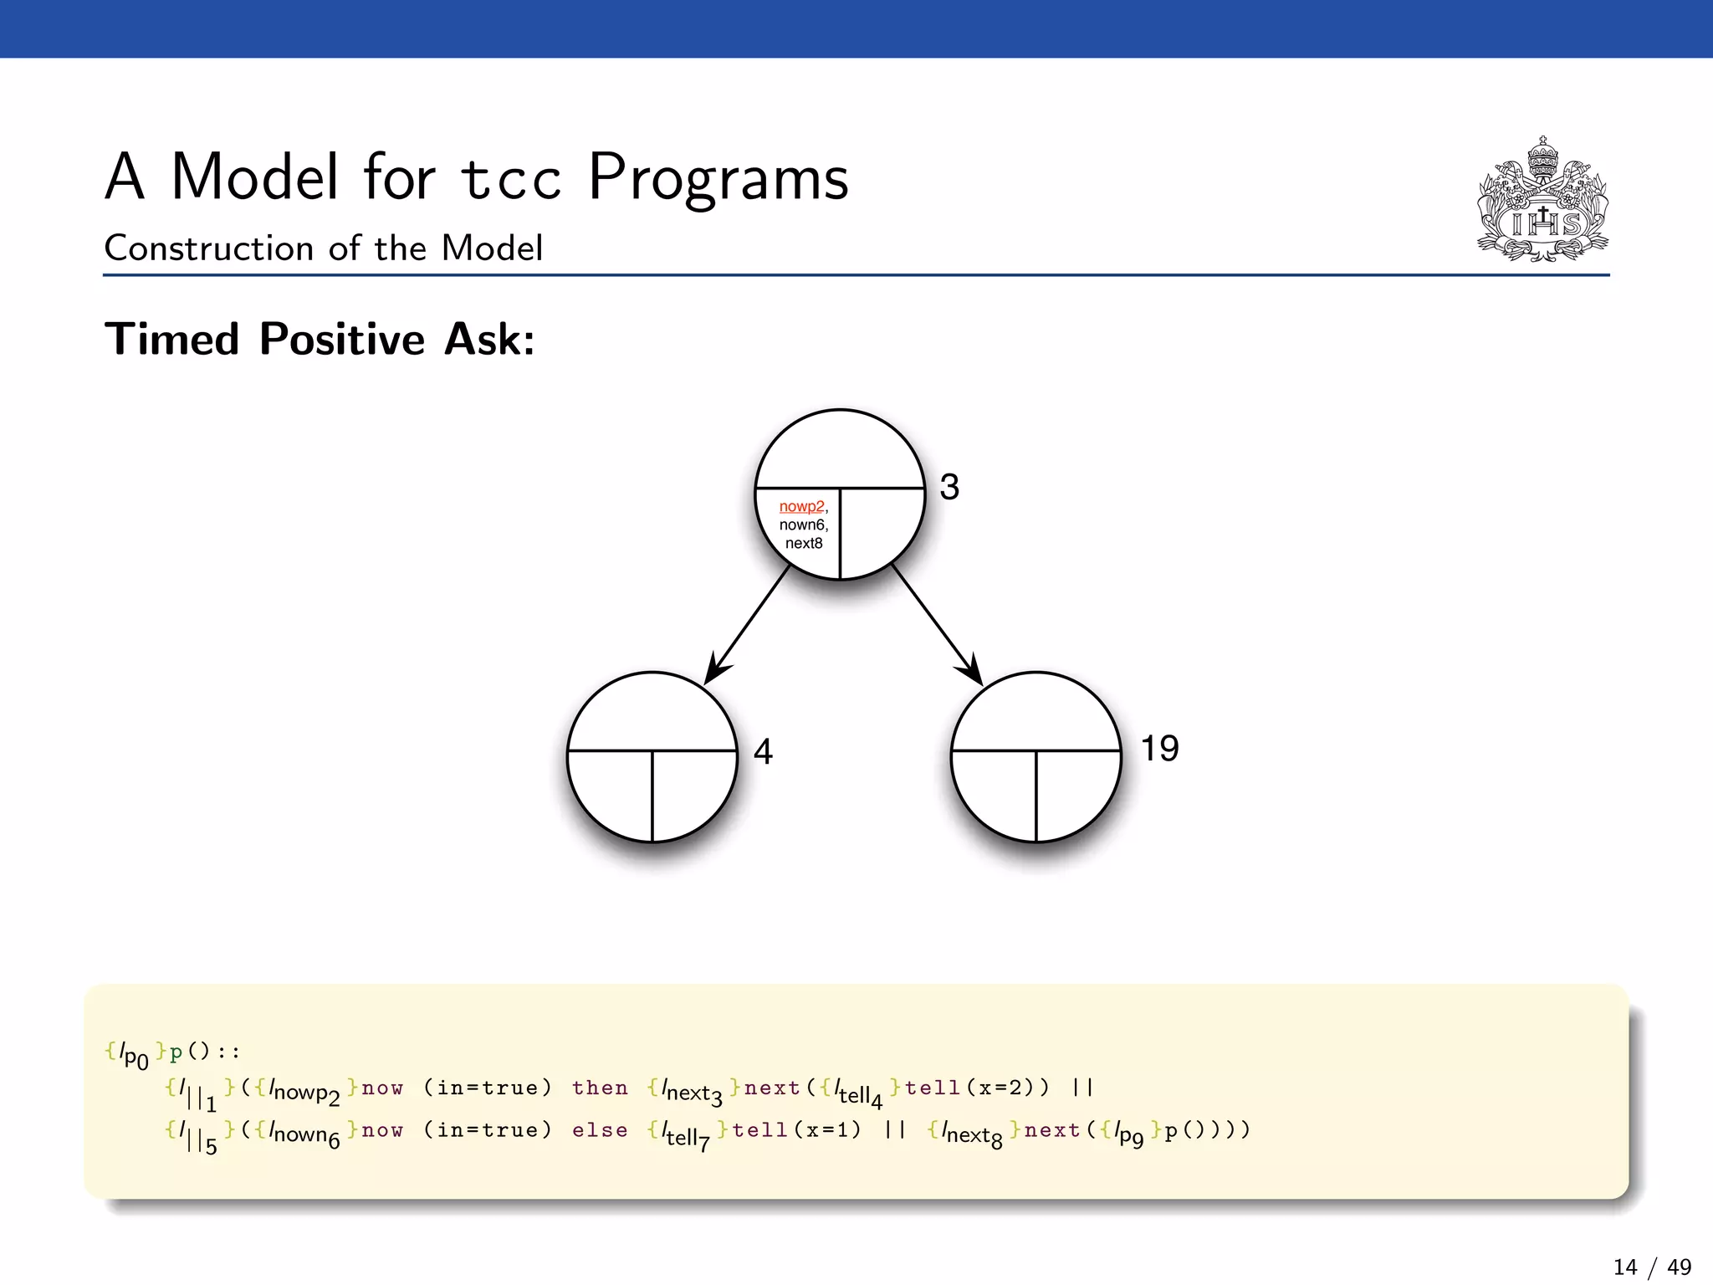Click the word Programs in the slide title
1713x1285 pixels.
(718, 178)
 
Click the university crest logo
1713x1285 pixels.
(1542, 201)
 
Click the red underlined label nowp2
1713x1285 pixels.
(801, 506)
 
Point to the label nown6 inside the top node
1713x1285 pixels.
(802, 525)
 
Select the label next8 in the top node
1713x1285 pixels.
(803, 543)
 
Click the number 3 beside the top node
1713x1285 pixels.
(949, 487)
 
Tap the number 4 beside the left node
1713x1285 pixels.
(762, 750)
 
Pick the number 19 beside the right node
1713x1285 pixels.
(1159, 748)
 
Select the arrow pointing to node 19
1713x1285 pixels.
(936, 623)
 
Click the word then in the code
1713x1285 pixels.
(600, 1088)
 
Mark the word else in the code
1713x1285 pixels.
(600, 1130)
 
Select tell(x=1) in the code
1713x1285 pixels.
(796, 1130)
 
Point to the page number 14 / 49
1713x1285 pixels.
(1651, 1267)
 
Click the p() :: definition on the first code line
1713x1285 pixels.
(204, 1052)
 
